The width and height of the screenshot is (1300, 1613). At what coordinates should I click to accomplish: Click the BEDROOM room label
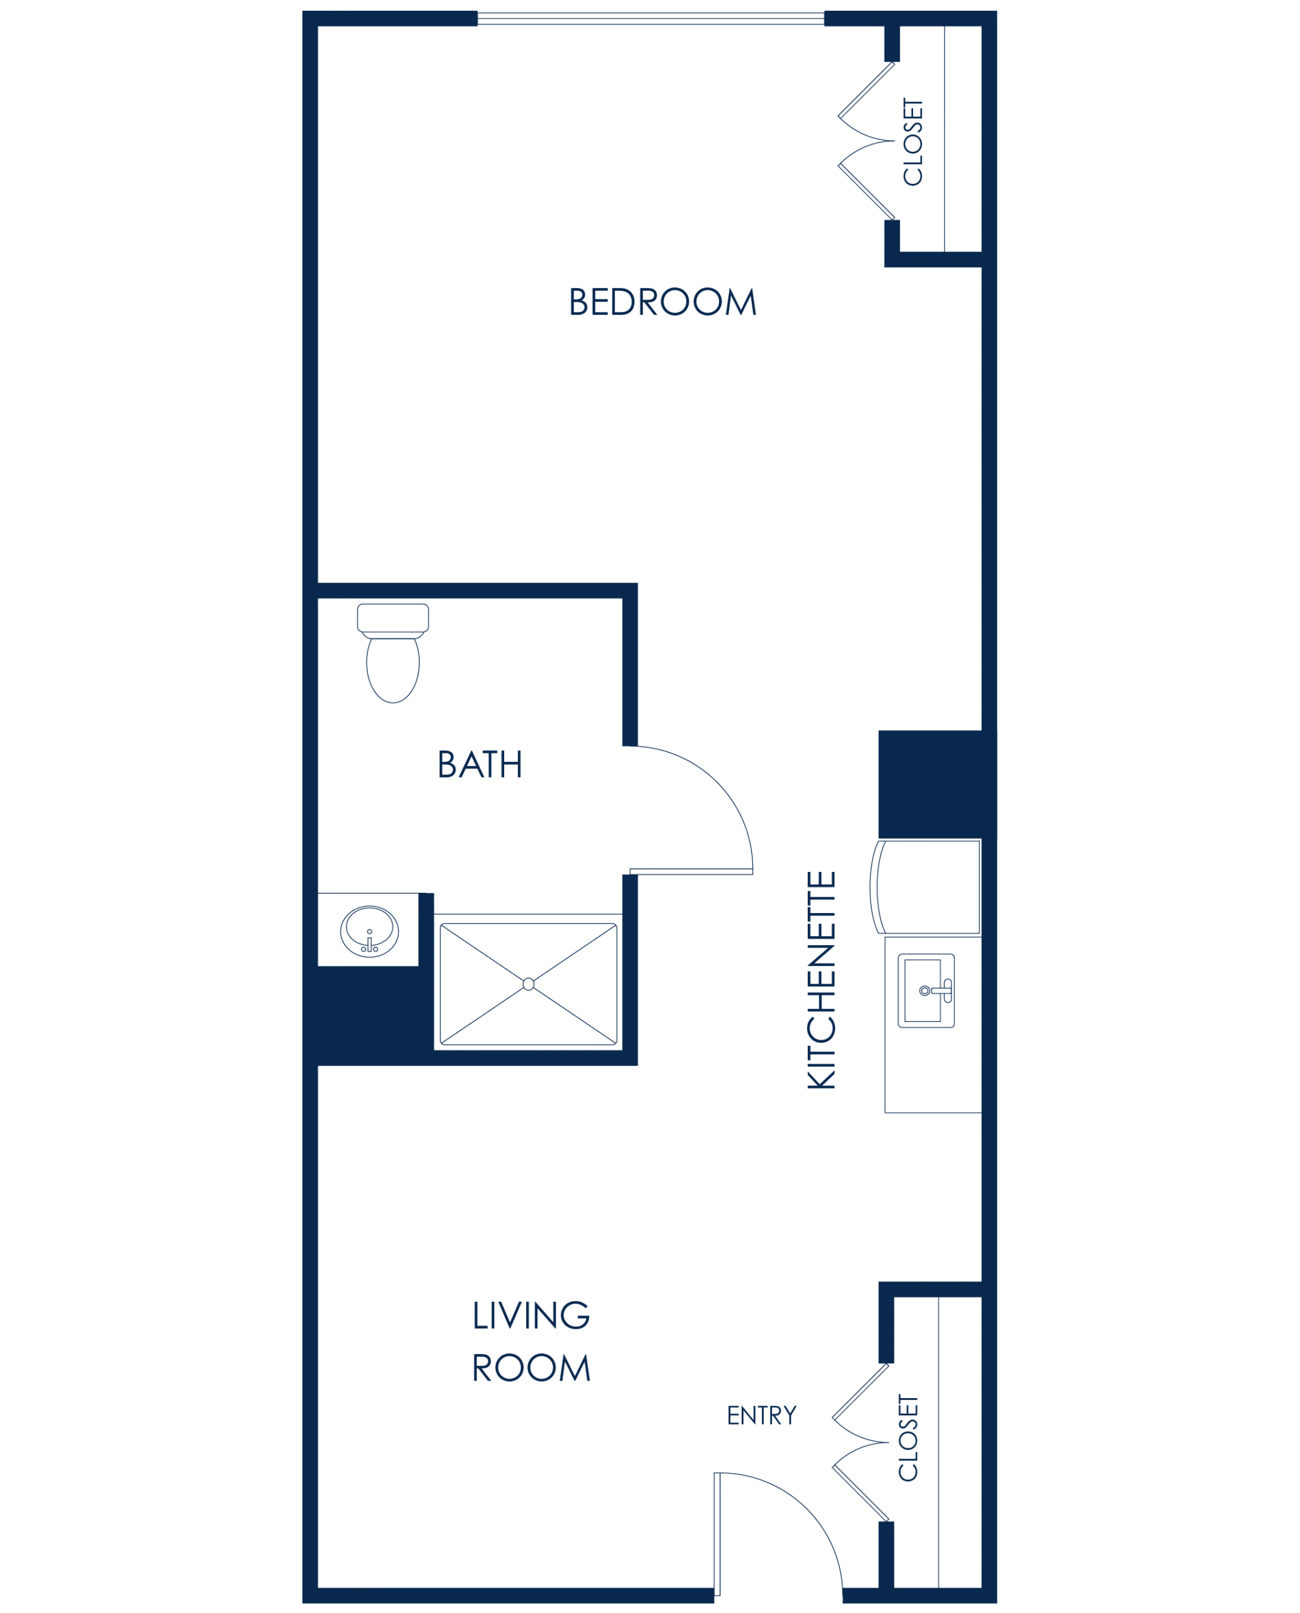coord(663,303)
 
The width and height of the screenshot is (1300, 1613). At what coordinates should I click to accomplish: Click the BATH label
coord(481,764)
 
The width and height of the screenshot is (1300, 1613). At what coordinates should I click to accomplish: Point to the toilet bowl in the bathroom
coord(393,668)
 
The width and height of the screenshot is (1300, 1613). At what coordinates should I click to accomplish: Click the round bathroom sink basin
coord(369,929)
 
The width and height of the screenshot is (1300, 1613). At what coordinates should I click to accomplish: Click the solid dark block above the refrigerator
coord(929,782)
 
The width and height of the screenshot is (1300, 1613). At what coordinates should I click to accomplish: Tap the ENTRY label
coord(762,1415)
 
